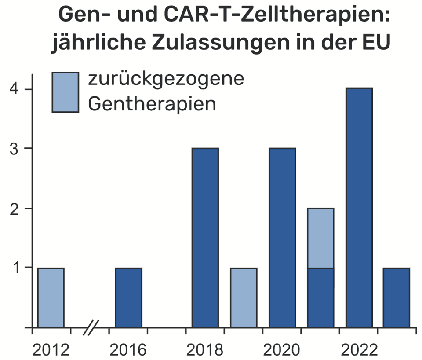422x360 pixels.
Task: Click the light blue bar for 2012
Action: [51, 298]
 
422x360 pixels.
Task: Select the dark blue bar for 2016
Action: [128, 298]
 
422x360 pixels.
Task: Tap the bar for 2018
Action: [205, 238]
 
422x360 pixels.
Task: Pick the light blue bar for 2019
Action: [244, 298]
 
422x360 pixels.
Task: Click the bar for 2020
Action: [282, 238]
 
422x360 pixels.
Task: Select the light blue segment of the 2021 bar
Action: [320, 238]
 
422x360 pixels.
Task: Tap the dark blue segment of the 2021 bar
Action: [320, 298]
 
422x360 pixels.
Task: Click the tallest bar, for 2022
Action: [359, 208]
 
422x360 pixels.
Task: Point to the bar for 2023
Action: [397, 298]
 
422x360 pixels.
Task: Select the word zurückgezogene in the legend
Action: [166, 80]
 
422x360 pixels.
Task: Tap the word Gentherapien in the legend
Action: [152, 104]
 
